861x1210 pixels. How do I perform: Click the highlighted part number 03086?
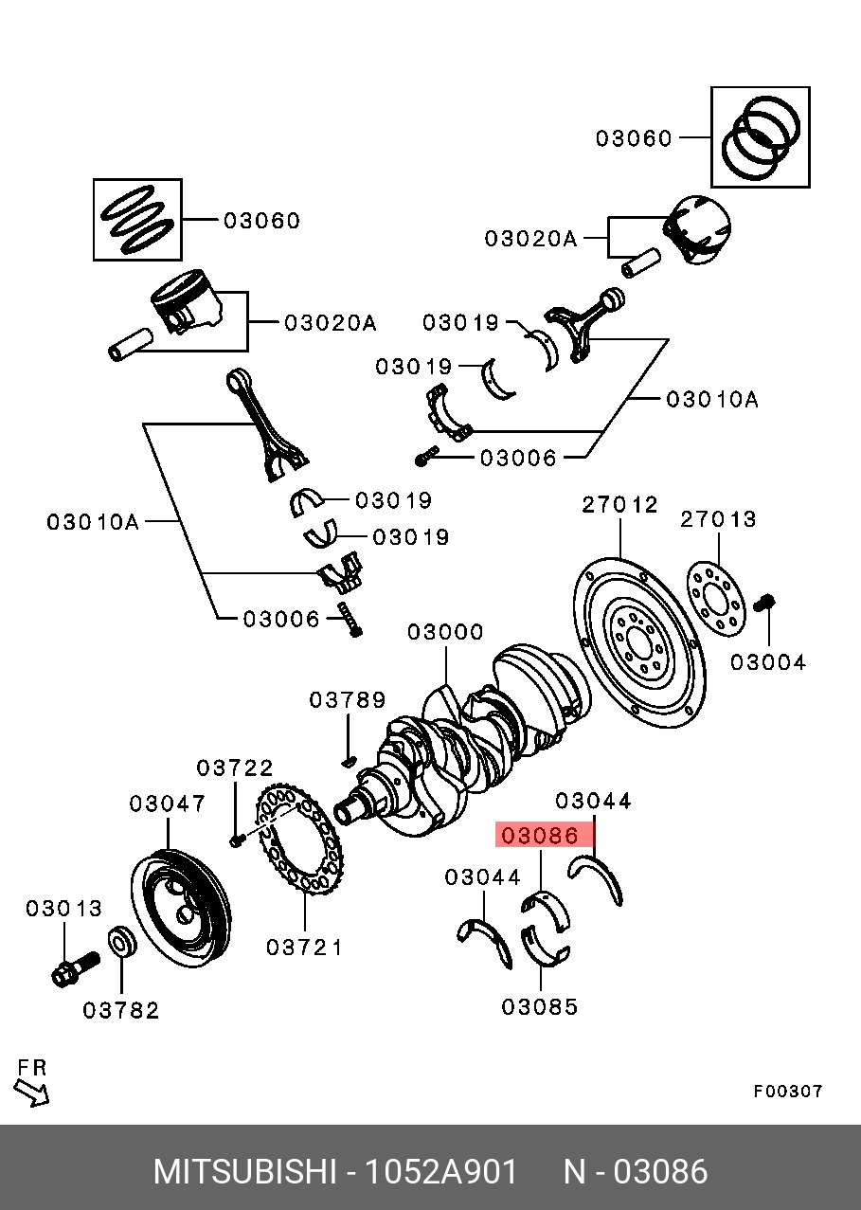tap(539, 836)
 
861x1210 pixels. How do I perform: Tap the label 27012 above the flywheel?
tap(619, 505)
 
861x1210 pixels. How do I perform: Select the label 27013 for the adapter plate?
tap(719, 519)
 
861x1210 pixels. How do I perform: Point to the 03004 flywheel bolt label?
tap(768, 662)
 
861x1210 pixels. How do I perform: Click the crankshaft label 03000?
tap(445, 632)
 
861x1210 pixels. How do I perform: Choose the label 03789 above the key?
tap(348, 700)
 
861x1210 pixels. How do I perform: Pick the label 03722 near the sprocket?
tap(235, 767)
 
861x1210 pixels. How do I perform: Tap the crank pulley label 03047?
tap(168, 804)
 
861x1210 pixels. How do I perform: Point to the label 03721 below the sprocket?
tap(304, 947)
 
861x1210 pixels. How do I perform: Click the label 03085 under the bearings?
tap(539, 1006)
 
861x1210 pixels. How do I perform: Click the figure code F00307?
tap(788, 1092)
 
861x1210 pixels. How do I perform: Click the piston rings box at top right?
tap(761, 138)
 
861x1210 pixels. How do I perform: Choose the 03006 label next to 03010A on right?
tap(518, 459)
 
